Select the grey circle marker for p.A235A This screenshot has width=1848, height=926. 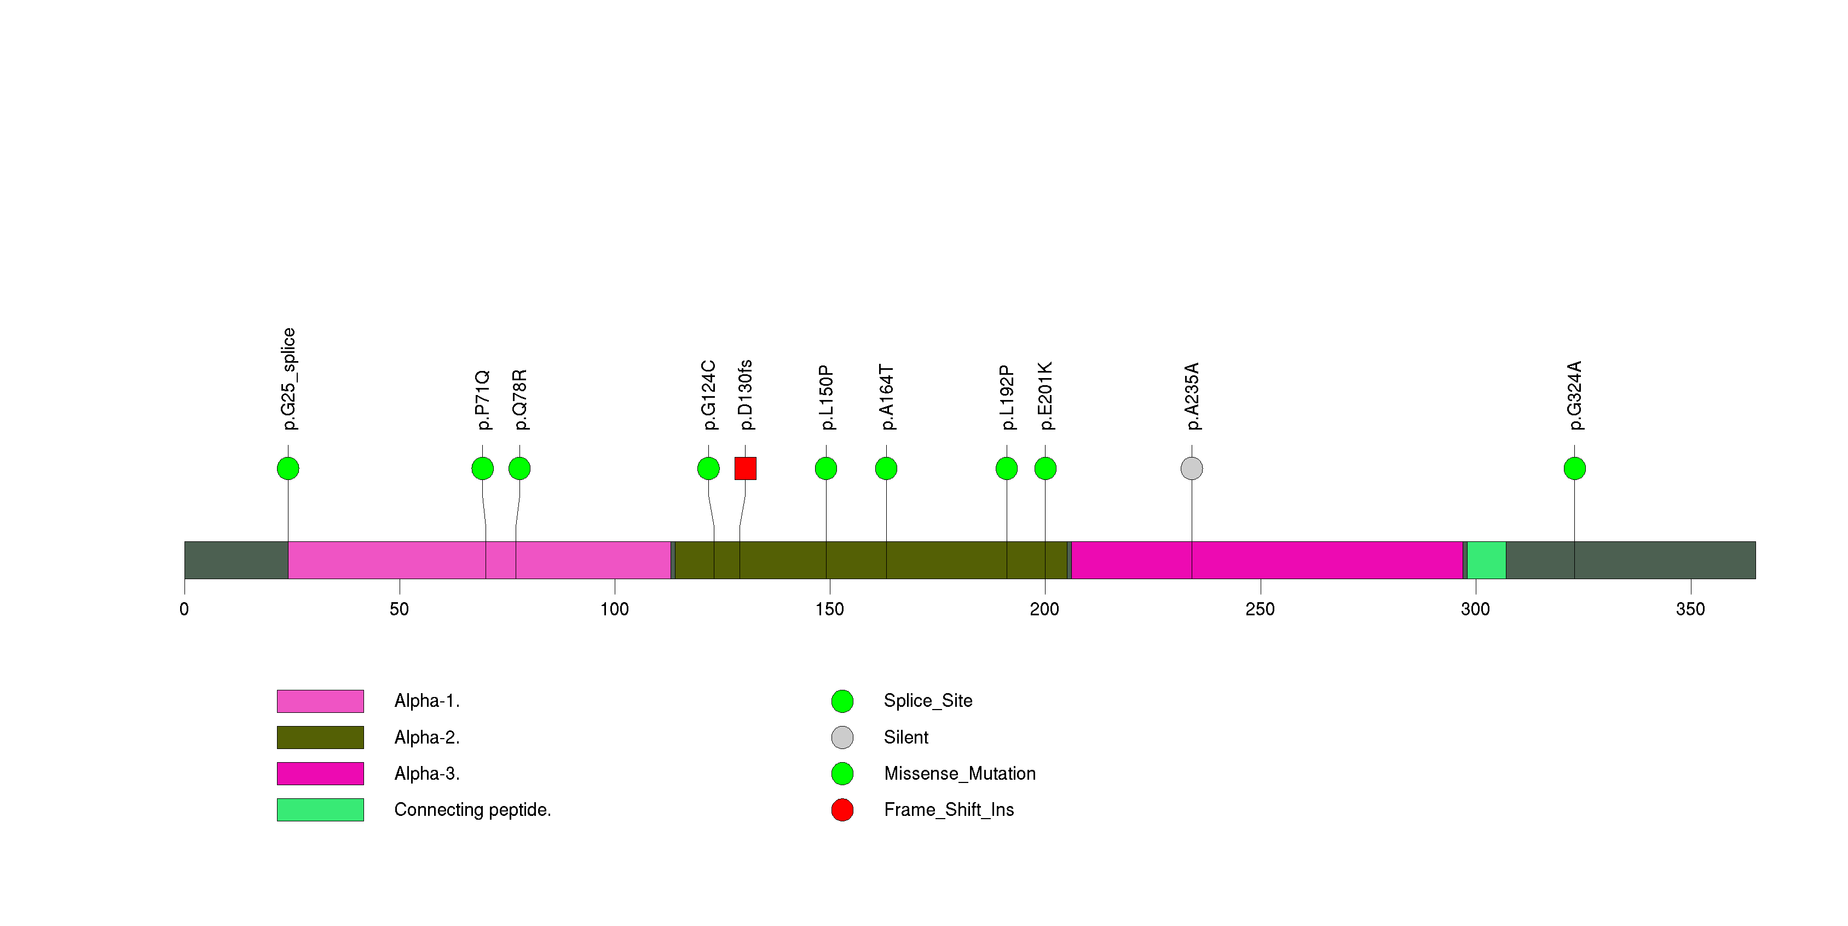(x=1191, y=468)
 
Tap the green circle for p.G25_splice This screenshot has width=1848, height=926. (x=288, y=468)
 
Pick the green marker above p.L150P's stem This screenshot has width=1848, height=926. (x=825, y=468)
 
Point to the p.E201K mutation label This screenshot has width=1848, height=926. (x=1045, y=396)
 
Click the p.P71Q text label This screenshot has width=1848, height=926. (x=483, y=400)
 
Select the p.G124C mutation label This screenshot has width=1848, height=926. (x=708, y=395)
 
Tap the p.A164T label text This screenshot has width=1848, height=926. (x=886, y=397)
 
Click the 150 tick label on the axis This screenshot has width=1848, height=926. (x=829, y=609)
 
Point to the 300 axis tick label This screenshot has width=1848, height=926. (x=1475, y=609)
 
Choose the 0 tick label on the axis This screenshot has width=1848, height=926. (x=184, y=609)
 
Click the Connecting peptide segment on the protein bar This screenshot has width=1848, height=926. (x=1486, y=560)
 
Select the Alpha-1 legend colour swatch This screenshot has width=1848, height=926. (x=320, y=701)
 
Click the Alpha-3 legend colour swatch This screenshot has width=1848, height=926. (x=320, y=773)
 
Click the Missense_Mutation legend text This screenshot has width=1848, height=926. (x=959, y=773)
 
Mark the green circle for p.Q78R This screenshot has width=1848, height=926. (x=519, y=468)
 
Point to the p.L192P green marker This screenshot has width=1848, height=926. (x=1007, y=468)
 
